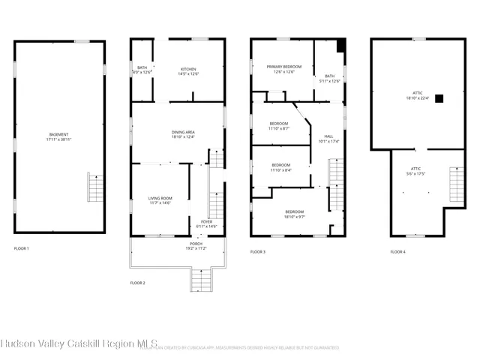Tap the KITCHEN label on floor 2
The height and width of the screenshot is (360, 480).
(178, 70)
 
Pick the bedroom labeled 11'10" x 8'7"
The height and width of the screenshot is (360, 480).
(279, 125)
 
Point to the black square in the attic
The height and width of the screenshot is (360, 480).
(439, 97)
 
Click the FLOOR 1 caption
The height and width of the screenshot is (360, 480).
(22, 248)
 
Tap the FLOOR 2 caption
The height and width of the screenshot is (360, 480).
(137, 283)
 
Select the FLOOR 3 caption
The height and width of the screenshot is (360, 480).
(258, 252)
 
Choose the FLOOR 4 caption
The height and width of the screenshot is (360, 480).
(397, 252)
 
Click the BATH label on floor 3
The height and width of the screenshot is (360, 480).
(329, 77)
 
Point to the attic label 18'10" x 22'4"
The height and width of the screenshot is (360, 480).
(418, 95)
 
